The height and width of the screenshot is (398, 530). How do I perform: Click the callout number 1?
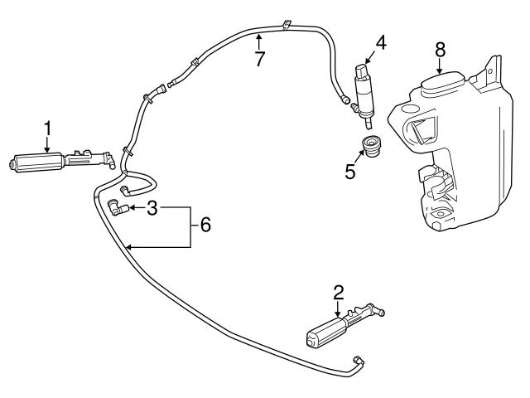(48, 129)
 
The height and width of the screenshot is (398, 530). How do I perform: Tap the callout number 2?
(338, 292)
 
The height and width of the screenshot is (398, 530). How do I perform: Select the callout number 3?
(152, 208)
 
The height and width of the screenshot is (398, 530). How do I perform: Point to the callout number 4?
(380, 41)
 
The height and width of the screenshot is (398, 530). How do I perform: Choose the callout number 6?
(205, 224)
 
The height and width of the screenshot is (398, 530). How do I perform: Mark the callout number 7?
(260, 60)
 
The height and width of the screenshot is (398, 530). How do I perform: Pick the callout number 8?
(441, 51)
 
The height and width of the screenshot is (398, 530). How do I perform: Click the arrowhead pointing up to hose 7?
(259, 36)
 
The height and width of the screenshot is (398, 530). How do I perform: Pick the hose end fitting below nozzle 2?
(358, 359)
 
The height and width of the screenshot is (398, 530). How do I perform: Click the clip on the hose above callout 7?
(284, 24)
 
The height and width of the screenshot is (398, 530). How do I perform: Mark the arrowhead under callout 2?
(338, 313)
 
